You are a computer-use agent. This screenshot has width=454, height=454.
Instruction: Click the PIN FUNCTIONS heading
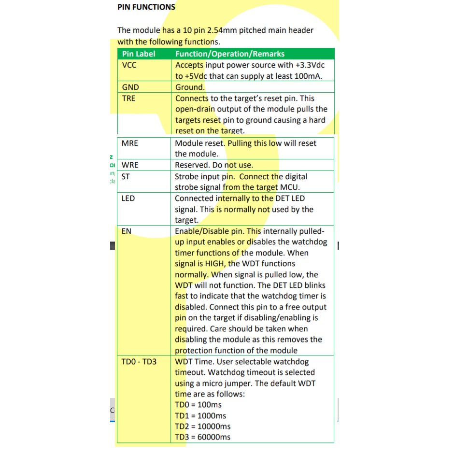pos(146,7)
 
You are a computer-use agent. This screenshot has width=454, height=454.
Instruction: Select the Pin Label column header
pos(139,54)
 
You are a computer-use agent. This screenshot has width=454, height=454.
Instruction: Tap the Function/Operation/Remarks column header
pos(229,54)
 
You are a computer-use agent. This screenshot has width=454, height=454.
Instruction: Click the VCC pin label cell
pos(129,65)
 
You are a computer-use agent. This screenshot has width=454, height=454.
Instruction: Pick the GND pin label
pos(130,87)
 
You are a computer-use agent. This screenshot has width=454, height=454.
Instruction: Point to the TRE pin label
pos(129,99)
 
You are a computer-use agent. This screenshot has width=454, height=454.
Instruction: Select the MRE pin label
pos(129,143)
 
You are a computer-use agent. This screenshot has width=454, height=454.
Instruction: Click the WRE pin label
pos(129,165)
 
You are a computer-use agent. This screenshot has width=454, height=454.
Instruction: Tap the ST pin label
pos(126,177)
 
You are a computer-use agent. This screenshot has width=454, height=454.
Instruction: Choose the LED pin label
pos(128,199)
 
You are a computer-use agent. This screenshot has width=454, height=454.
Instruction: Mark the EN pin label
pos(126,231)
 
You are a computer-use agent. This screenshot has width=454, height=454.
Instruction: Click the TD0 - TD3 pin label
pos(139,362)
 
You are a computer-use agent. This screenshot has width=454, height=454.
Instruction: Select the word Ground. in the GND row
pos(190,87)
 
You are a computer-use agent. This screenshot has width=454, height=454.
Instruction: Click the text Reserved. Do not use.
pos(213,165)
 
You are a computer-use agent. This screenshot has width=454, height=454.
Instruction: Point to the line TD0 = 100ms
pos(198,405)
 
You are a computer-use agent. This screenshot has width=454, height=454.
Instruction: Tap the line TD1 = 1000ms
pos(200,416)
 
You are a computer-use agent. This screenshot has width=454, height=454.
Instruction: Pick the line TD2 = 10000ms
pos(202,426)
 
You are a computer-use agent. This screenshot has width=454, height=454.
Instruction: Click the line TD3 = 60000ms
pos(202,438)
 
